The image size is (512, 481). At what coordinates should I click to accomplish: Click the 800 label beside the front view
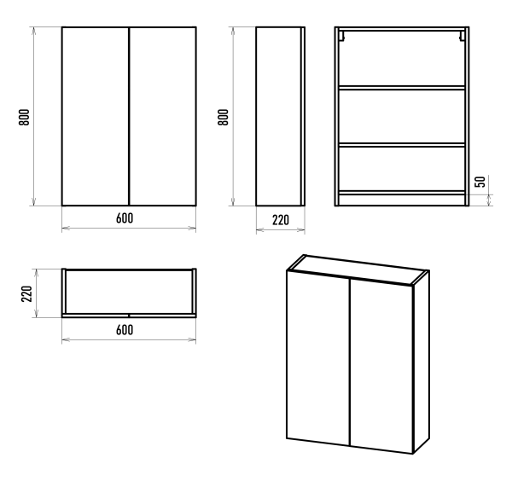tap(24, 117)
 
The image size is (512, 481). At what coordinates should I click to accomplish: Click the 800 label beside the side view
tap(224, 117)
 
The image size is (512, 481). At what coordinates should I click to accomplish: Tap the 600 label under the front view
tap(125, 218)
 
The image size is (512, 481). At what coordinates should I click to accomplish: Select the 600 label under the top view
tap(125, 330)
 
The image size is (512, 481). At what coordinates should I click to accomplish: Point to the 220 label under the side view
tap(281, 220)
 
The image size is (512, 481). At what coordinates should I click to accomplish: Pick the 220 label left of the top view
tap(26, 293)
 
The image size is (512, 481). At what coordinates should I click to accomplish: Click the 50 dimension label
tap(480, 182)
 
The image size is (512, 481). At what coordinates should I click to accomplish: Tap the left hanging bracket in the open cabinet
tap(341, 36)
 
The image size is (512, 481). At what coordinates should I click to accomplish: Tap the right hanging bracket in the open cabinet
tap(463, 36)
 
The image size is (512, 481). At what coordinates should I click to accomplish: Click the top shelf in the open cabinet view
tap(402, 88)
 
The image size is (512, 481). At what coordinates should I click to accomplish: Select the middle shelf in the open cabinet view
tap(402, 145)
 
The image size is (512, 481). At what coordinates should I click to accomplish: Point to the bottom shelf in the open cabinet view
tap(402, 193)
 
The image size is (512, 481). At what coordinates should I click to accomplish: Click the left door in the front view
tap(96, 117)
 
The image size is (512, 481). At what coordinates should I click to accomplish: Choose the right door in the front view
tap(163, 117)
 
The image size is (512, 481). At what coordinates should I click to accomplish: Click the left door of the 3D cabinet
tap(318, 357)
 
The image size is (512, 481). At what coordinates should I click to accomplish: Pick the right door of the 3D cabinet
tap(381, 366)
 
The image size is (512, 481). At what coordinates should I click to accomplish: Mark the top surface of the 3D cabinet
tap(358, 269)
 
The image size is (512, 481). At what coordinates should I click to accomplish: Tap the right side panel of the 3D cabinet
tap(422, 362)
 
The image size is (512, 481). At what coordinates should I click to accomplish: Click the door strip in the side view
tap(303, 117)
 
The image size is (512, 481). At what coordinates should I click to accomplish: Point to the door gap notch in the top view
tap(129, 316)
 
